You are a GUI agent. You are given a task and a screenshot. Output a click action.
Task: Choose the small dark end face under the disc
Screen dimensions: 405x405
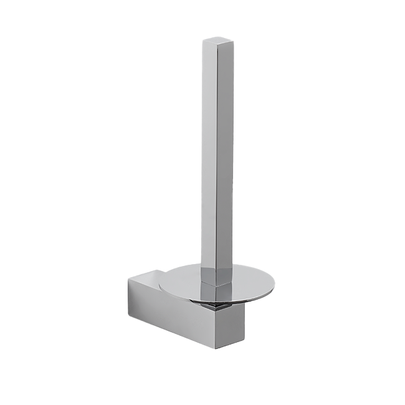coord(232,324)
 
